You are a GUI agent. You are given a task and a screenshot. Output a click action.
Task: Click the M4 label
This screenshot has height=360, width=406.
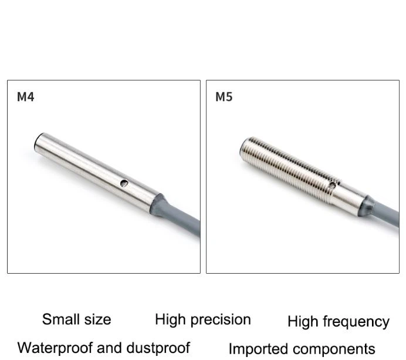point(25,97)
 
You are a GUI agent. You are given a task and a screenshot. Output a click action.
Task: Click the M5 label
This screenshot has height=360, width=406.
point(224,97)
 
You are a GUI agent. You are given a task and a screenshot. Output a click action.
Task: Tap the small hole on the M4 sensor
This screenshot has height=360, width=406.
point(124,183)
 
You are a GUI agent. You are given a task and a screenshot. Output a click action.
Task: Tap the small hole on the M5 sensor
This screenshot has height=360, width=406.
point(332,185)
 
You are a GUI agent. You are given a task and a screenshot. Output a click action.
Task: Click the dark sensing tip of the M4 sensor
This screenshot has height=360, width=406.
point(37,142)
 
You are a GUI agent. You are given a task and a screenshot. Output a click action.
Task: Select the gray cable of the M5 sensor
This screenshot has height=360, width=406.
point(386,214)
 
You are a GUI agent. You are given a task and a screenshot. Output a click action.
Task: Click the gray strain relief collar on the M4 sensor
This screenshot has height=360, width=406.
point(157,206)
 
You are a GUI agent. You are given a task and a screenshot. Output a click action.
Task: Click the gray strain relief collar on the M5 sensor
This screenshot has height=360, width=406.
point(366,206)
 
